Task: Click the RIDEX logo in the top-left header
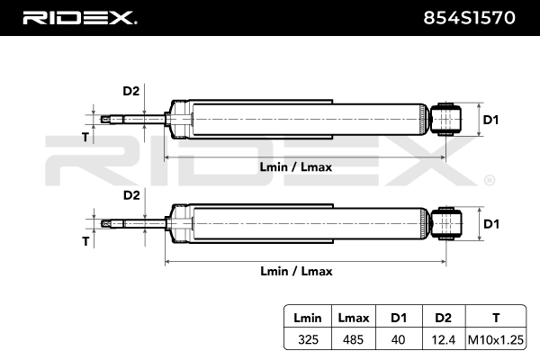point(78,17)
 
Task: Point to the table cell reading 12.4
point(442,338)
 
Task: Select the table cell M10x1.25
point(498,338)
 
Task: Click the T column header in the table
point(498,317)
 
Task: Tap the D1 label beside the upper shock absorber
point(491,119)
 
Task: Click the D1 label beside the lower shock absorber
point(491,223)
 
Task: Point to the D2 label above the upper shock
point(130,91)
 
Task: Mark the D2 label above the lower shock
point(130,195)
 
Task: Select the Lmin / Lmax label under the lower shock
point(296,271)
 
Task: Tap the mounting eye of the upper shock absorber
point(447,119)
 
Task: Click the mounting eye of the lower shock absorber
point(447,223)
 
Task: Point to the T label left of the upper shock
point(85,137)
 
